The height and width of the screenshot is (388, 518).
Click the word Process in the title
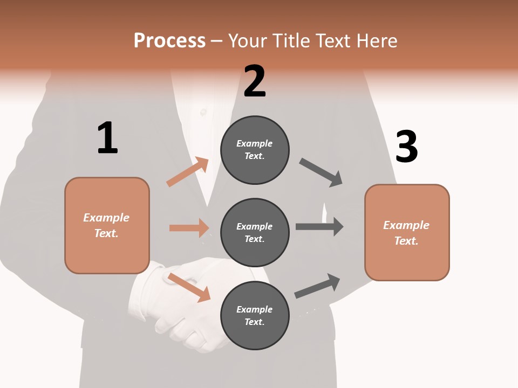pos(169,41)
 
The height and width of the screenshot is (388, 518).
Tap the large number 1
pos(107,138)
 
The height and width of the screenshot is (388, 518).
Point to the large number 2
pos(255,82)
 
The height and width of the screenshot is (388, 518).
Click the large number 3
pos(406,147)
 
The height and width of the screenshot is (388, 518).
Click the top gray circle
pos(255,150)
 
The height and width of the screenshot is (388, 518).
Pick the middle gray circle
pos(255,232)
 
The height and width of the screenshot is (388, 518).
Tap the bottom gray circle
pos(255,315)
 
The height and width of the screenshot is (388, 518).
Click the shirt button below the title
pos(203,112)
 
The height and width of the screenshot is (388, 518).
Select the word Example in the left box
pos(106,218)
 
